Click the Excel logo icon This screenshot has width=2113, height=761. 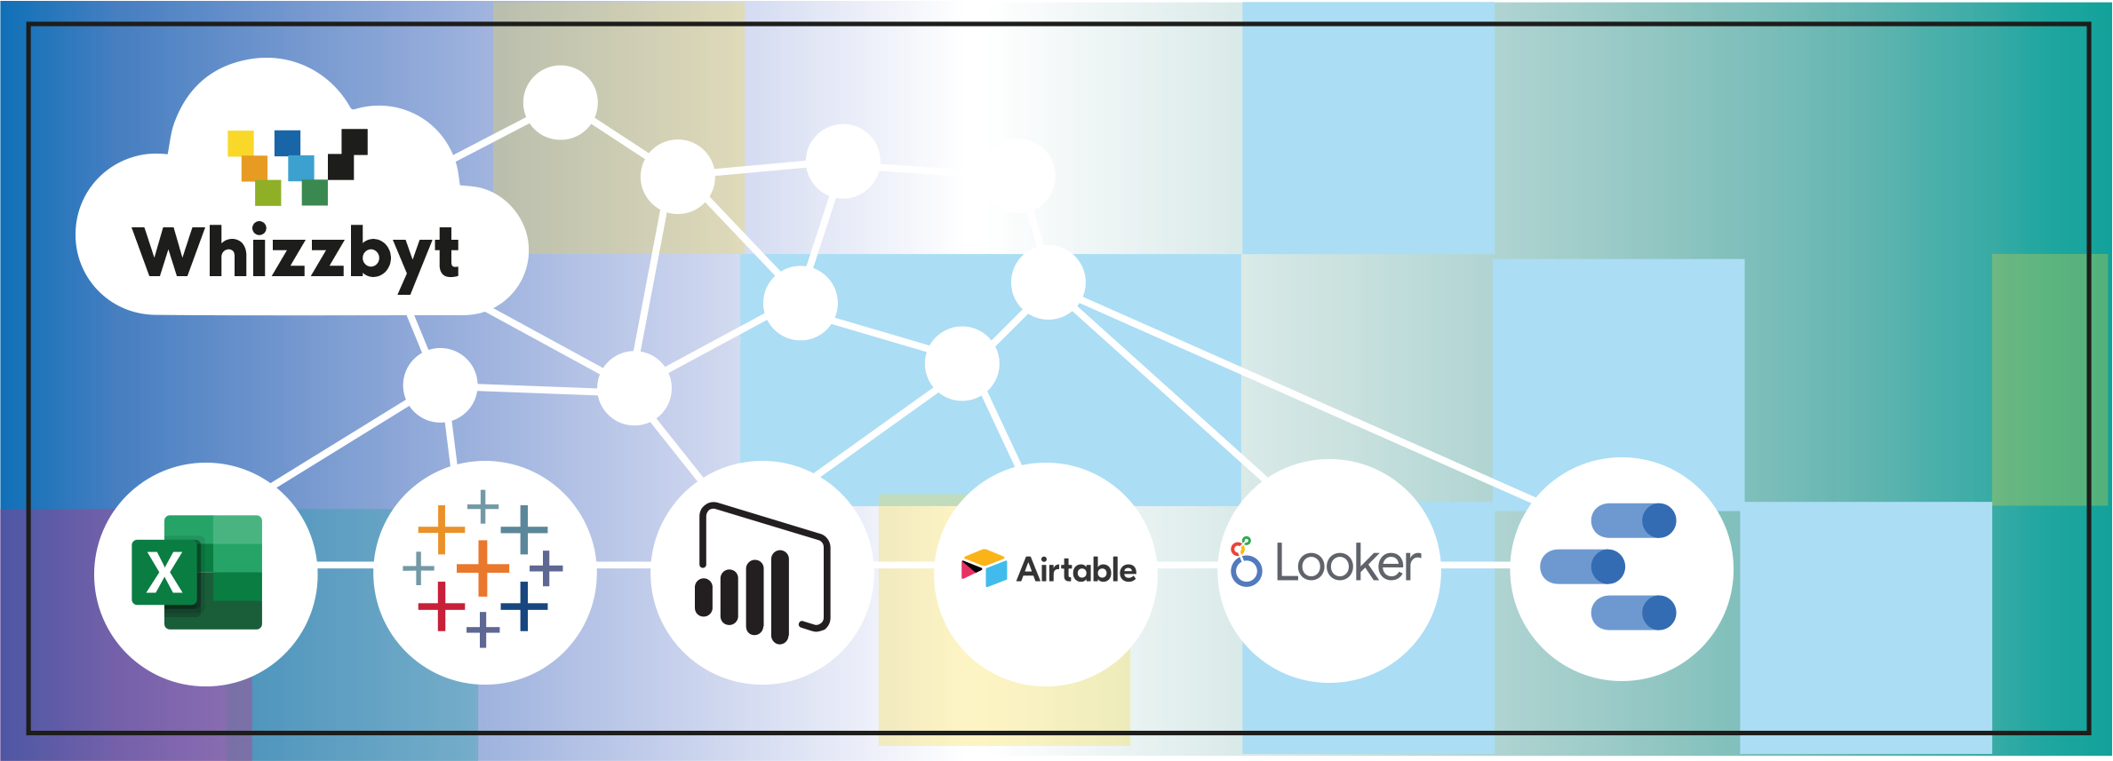(x=197, y=573)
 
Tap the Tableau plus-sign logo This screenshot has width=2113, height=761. (x=483, y=568)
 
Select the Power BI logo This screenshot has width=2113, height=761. (x=762, y=573)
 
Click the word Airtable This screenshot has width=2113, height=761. (x=1076, y=570)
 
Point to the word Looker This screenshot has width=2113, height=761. (x=1348, y=564)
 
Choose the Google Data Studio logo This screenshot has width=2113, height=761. (x=1608, y=567)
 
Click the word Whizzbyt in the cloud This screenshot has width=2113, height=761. (x=296, y=253)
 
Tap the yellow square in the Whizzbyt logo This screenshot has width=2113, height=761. (x=240, y=143)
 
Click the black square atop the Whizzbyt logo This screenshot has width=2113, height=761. (x=355, y=141)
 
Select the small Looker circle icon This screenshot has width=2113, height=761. (x=1246, y=570)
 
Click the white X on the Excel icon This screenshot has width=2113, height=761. (x=164, y=574)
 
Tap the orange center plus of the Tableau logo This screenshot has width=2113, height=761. (x=482, y=567)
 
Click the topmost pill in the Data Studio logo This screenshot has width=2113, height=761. (x=1633, y=521)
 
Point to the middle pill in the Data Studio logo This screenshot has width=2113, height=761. (x=1583, y=567)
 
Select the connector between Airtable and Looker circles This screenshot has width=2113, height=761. (x=1187, y=566)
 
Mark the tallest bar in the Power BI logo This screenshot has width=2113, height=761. (x=780, y=597)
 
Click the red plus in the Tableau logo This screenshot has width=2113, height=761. (x=442, y=606)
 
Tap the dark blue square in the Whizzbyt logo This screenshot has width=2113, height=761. (x=287, y=142)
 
